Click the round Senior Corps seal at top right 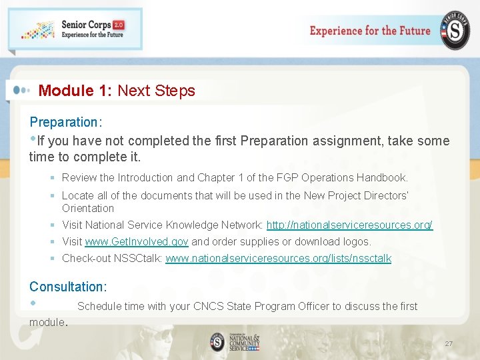454,31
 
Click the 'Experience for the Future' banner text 370,31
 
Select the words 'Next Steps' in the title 156,91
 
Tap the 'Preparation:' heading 65,122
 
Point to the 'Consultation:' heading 68,287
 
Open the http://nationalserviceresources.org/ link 349,225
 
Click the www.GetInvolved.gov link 137,241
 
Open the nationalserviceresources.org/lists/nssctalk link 278,258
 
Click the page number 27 449,344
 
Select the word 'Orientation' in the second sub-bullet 88,208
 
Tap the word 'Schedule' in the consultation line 100,306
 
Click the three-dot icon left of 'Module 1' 20,90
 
